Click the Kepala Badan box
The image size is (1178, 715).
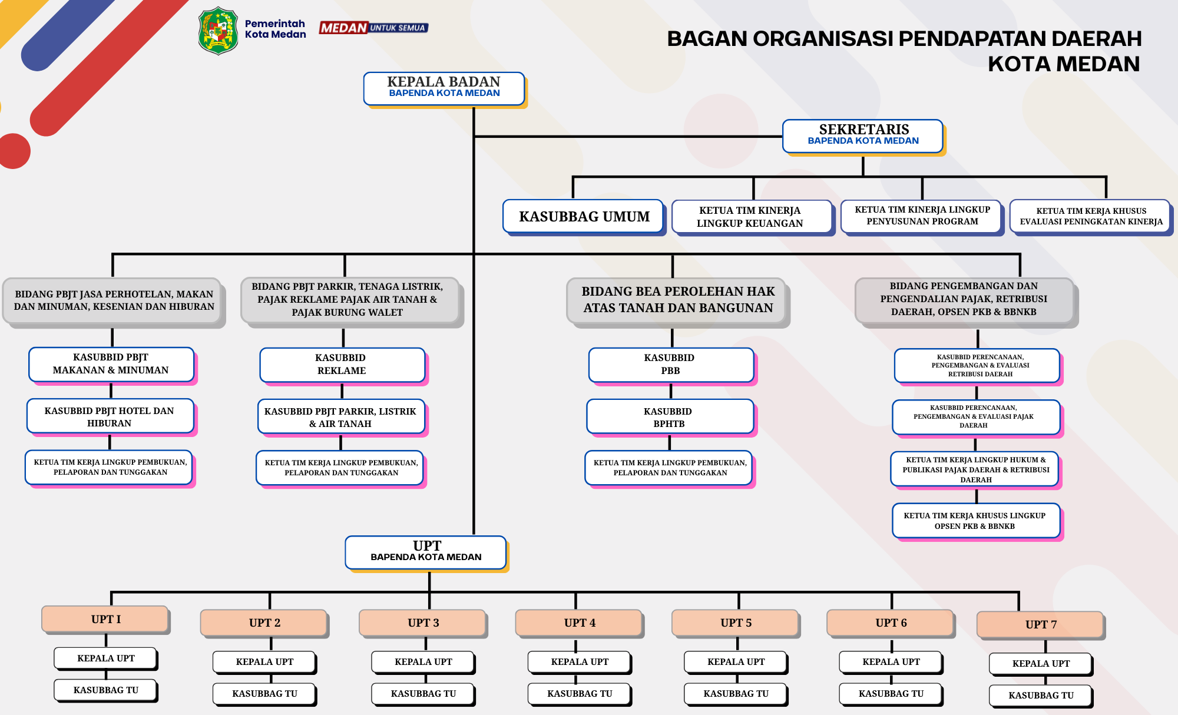tap(444, 89)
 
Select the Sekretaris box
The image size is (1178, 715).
tap(863, 136)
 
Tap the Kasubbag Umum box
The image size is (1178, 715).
tap(584, 217)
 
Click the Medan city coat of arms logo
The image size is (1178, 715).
tap(219, 31)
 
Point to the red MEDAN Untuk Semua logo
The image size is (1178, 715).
tap(373, 28)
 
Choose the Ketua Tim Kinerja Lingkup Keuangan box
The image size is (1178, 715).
tap(752, 217)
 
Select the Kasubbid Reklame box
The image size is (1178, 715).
tap(342, 365)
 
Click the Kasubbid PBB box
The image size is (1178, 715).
tap(671, 365)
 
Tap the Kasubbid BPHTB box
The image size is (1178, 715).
tap(670, 417)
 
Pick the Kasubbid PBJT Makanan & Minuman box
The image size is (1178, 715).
tap(111, 364)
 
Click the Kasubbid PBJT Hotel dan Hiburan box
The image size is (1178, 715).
tap(110, 416)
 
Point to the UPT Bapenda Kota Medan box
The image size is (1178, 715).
tap(426, 552)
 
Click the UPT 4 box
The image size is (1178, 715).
tap(579, 623)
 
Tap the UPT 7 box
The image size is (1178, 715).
tap(1040, 625)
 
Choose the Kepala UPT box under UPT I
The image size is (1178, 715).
tap(106, 658)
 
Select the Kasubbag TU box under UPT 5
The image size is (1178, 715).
tap(736, 694)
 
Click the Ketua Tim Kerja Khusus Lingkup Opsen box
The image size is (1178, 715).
tap(977, 521)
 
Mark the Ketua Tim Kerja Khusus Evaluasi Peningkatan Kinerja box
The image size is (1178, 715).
tap(1090, 216)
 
